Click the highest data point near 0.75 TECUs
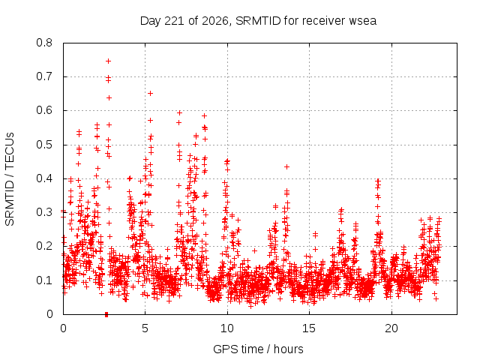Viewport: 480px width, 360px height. coord(108,61)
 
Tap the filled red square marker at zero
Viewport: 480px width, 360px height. coord(106,314)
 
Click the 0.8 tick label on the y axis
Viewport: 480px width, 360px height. coord(44,43)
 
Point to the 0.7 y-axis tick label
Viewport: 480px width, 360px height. coord(44,76)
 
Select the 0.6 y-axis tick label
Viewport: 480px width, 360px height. coord(44,110)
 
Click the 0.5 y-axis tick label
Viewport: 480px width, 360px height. coord(44,145)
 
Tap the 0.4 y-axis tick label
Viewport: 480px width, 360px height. coord(44,178)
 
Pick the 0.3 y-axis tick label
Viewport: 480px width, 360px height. coord(44,212)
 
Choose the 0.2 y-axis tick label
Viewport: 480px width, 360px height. coord(44,246)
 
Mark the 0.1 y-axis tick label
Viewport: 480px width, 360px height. coord(44,280)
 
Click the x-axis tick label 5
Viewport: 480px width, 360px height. coord(145,328)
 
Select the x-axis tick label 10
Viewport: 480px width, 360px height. coord(227,328)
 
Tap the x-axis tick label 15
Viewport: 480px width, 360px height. coord(309,328)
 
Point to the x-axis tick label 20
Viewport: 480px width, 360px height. coord(391,328)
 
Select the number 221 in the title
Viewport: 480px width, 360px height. coord(174,21)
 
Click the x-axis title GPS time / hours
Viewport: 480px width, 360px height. coord(258,349)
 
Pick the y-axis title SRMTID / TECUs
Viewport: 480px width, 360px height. coord(10,179)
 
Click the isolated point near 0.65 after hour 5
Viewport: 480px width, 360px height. coord(150,93)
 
